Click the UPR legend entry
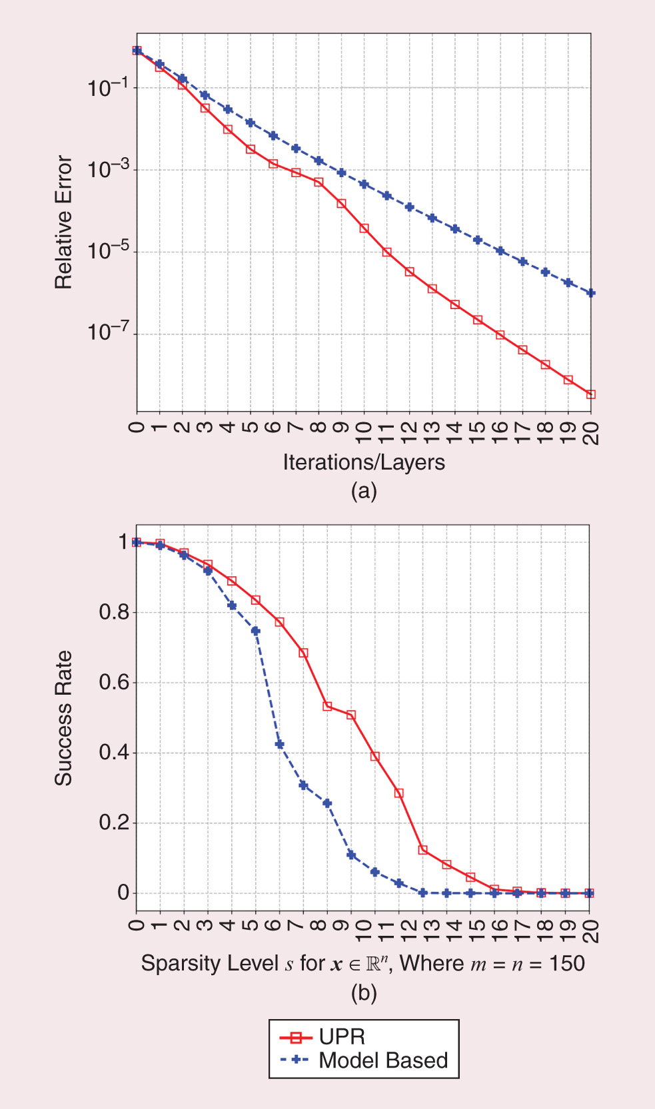coord(342,1037)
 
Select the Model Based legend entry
coord(382,1060)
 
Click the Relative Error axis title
coord(63,222)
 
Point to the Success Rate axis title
coord(63,718)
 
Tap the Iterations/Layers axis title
coord(364,462)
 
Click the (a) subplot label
coord(364,492)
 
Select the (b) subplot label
coord(364,993)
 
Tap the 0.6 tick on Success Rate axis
coord(114,682)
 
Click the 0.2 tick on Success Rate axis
coord(114,823)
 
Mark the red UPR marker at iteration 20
coord(590,394)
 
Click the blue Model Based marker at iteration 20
coord(590,293)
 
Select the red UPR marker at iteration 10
coord(364,228)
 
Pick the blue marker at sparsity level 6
coord(280,744)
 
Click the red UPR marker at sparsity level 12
coord(399,793)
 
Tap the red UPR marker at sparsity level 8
coord(327,706)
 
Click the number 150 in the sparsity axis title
coord(566,963)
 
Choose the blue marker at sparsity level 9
coord(351,855)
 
